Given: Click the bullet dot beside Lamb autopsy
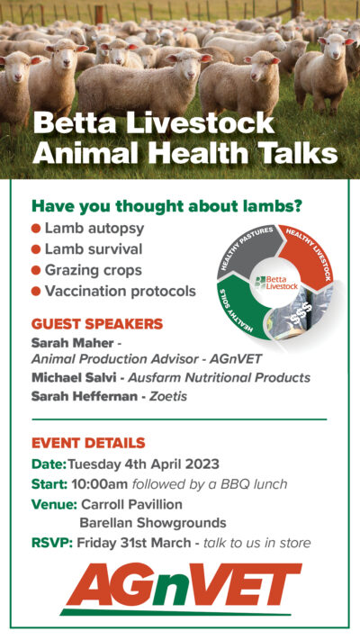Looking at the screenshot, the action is pyautogui.click(x=36, y=229).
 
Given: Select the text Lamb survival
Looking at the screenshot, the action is pyautogui.click(x=94, y=249).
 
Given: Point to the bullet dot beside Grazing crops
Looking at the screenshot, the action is pyautogui.click(x=36, y=270).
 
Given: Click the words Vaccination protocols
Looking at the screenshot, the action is pyautogui.click(x=121, y=292).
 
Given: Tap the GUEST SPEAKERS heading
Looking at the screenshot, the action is pyautogui.click(x=97, y=324).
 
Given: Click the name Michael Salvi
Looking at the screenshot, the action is pyautogui.click(x=74, y=377).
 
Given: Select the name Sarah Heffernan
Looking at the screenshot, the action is pyautogui.click(x=85, y=396).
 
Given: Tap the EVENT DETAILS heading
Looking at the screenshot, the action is pyautogui.click(x=88, y=443).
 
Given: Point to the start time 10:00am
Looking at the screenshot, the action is pyautogui.click(x=100, y=484).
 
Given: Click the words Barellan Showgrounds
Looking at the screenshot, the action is pyautogui.click(x=153, y=523).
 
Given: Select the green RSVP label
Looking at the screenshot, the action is pyautogui.click(x=52, y=543).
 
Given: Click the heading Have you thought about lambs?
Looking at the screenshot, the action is pyautogui.click(x=166, y=206).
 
